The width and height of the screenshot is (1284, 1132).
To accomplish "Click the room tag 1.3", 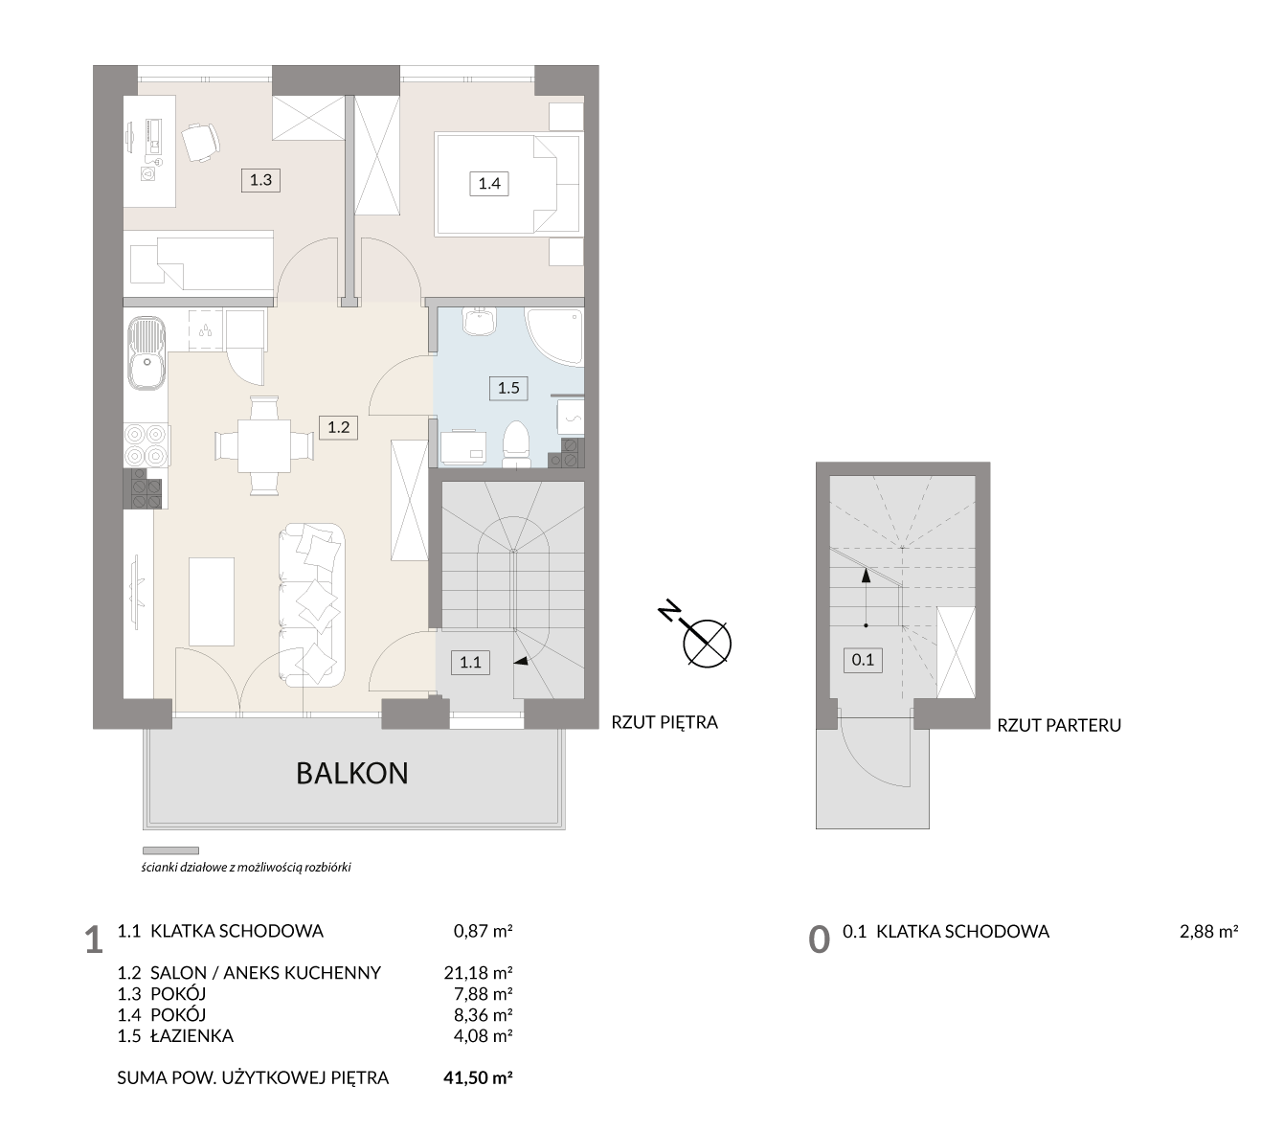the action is [x=260, y=180].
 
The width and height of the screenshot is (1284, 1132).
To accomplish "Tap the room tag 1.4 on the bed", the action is [x=488, y=184].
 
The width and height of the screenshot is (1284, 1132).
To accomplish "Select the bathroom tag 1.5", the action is [x=508, y=388].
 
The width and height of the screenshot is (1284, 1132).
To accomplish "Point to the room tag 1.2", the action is [x=338, y=427].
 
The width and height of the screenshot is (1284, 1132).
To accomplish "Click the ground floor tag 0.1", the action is [x=863, y=660].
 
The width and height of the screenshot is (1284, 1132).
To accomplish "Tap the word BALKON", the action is [x=351, y=774].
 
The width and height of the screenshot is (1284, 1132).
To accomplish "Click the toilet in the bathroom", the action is [x=515, y=444].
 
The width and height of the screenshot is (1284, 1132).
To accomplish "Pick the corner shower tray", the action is [x=554, y=336].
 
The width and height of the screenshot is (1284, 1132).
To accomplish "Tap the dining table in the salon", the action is [x=263, y=445].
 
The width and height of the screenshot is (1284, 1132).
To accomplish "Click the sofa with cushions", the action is [x=311, y=604].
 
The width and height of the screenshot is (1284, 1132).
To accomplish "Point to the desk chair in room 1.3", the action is [x=201, y=142].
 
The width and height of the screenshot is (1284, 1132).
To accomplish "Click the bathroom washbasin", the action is [x=479, y=322].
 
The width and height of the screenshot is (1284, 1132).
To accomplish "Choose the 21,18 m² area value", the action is [x=478, y=972].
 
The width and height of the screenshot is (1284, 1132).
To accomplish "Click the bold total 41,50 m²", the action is [x=478, y=1077].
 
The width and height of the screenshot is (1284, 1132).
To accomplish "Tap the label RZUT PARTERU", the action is [x=1058, y=725].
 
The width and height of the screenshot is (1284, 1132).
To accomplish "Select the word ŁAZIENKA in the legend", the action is [x=192, y=1035].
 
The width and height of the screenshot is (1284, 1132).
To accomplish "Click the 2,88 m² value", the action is [x=1208, y=932].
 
